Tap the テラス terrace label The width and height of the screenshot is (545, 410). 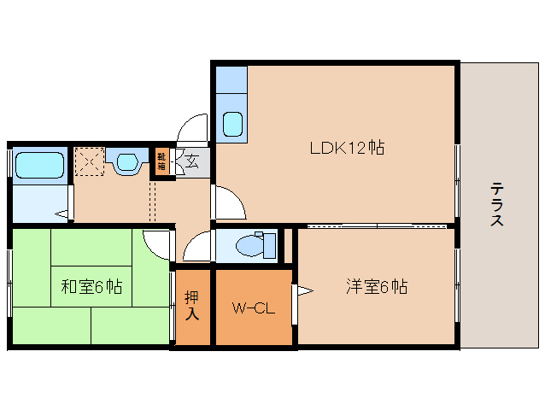click(x=496, y=204)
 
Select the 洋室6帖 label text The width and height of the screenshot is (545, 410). click(x=376, y=286)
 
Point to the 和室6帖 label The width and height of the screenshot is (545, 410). click(x=91, y=287)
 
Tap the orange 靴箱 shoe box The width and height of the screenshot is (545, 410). click(x=161, y=161)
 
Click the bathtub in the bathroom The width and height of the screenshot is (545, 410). click(x=39, y=165)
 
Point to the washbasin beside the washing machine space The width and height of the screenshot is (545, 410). click(x=126, y=161)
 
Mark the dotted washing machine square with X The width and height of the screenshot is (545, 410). click(x=88, y=161)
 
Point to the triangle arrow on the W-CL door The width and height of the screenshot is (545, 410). click(x=302, y=291)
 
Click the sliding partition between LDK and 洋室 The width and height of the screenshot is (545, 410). click(x=376, y=225)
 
